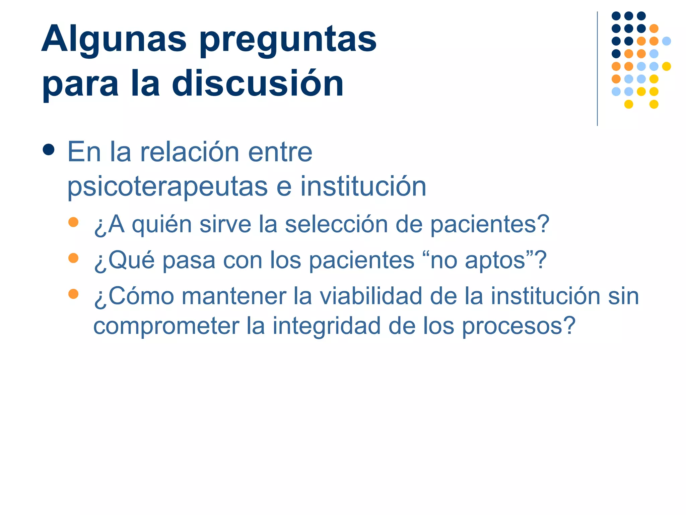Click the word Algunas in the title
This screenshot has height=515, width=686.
[x=114, y=40]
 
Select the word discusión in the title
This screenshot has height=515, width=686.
[x=258, y=83]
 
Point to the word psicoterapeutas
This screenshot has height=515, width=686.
[x=167, y=187]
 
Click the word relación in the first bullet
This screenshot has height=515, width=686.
[x=190, y=152]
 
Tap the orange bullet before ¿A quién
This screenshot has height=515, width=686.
[x=73, y=222]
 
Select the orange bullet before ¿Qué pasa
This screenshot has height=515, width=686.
[x=73, y=258]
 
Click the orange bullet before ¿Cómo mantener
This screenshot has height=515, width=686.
[x=73, y=294]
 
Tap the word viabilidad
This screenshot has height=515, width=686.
[x=370, y=296]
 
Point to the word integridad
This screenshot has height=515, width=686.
[x=327, y=326]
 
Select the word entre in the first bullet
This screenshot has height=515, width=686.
[x=280, y=152]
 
